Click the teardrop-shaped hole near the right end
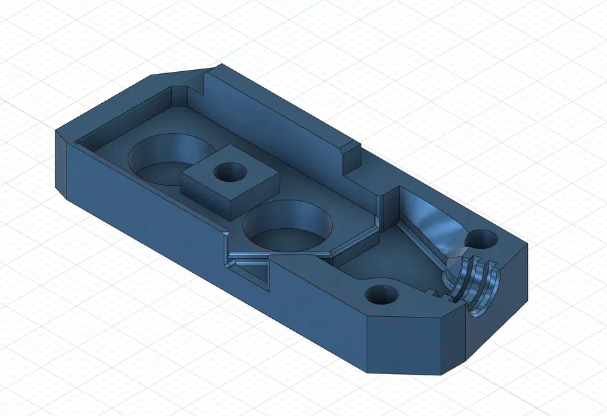[x=484, y=238]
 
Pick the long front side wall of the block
[x=200, y=246]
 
